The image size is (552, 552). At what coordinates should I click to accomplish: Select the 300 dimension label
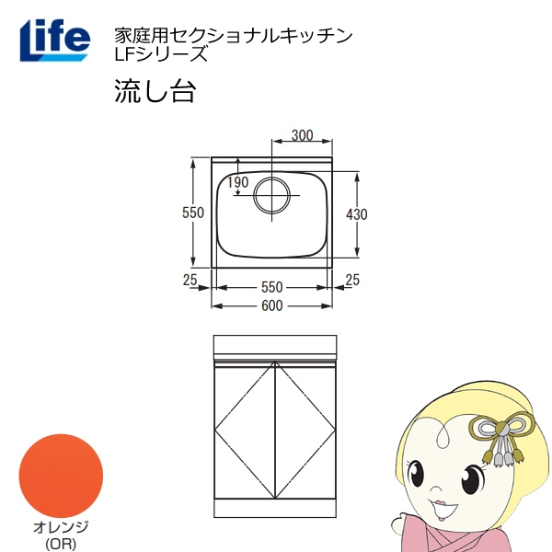tap(302, 135)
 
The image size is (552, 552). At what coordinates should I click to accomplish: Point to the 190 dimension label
tap(237, 182)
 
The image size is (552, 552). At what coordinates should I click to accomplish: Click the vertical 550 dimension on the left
tap(192, 213)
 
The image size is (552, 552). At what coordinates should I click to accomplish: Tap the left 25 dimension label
tap(190, 279)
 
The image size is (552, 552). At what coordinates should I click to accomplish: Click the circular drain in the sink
tap(273, 195)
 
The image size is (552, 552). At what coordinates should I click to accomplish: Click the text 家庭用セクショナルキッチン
tap(233, 36)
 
